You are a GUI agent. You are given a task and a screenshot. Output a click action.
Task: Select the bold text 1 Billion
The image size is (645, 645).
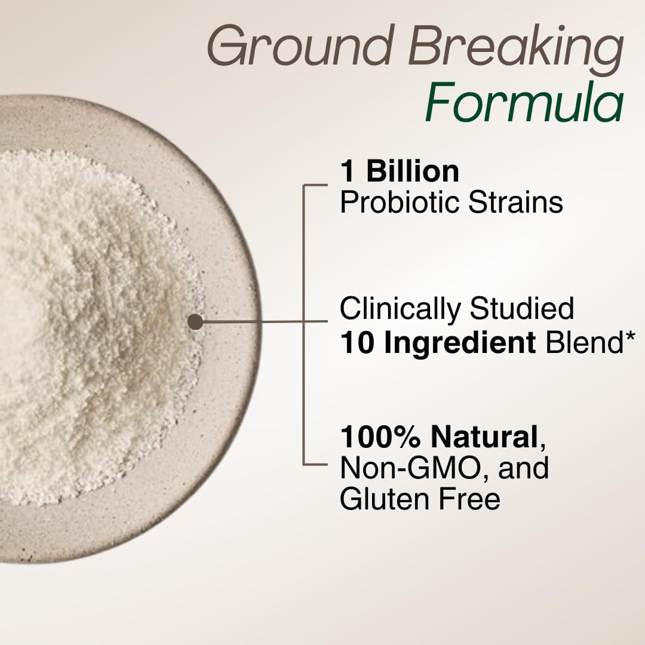[400, 172]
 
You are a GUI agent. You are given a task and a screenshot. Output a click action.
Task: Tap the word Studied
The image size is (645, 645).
[521, 309]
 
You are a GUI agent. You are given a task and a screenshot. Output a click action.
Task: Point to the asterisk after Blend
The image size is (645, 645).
[631, 339]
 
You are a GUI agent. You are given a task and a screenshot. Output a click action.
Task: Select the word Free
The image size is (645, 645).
[469, 498]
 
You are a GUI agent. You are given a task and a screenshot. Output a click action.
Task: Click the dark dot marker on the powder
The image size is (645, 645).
[195, 322]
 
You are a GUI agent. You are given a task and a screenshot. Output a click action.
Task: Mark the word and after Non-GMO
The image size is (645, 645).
[523, 468]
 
